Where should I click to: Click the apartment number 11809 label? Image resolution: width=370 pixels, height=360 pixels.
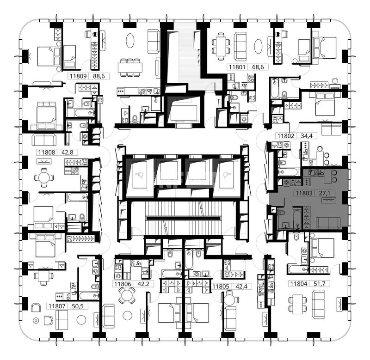coord(79,76)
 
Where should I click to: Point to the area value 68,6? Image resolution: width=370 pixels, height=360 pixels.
coord(258,67)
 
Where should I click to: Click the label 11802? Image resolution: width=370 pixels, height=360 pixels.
coord(285,136)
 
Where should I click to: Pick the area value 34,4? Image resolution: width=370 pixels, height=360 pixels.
coord(306,136)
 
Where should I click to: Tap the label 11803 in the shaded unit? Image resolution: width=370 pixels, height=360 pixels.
coord(304,193)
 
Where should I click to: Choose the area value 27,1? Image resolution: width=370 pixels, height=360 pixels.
coord(325,193)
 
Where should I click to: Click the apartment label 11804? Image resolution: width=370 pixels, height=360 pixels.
coord(298,284)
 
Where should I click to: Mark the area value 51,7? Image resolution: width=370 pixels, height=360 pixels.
coord(320,284)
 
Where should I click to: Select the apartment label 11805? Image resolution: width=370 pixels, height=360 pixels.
coord(221,287)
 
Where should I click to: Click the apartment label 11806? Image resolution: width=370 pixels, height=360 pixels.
coord(123,284)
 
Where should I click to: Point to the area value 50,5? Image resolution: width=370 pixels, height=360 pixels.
coord(77,306)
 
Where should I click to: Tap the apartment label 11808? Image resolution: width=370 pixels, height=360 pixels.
coord(47,153)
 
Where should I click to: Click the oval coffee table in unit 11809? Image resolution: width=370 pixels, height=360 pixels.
coord(130,41)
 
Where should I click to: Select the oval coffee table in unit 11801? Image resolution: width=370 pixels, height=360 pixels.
coord(259,46)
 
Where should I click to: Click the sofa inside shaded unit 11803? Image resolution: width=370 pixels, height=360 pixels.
coord(328,223)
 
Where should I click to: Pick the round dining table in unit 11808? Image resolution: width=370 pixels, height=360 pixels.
coord(44,178)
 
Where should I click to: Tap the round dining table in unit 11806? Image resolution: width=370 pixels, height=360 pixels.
coord(127,295)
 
